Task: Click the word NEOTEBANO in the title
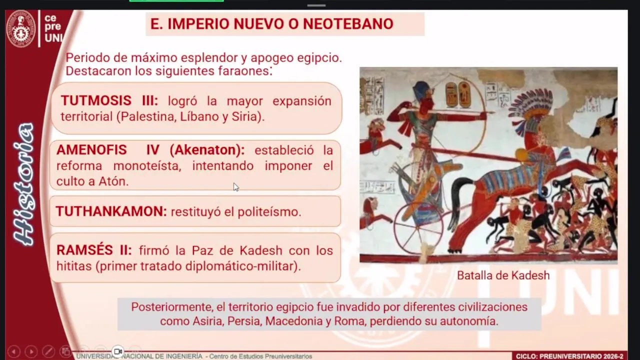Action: (348, 23)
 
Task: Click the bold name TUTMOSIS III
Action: (109, 100)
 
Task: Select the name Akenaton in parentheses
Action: (207, 150)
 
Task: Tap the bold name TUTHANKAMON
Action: (111, 211)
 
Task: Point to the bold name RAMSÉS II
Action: (94, 250)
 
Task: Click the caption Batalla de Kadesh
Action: (503, 275)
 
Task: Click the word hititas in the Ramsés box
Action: (74, 266)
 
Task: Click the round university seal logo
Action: (21, 28)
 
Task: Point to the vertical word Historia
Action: (24, 184)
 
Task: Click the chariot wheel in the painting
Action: (418, 228)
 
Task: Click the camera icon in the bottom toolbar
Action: (118, 351)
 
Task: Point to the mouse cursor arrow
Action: (236, 187)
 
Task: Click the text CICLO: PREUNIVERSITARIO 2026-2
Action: (569, 356)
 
